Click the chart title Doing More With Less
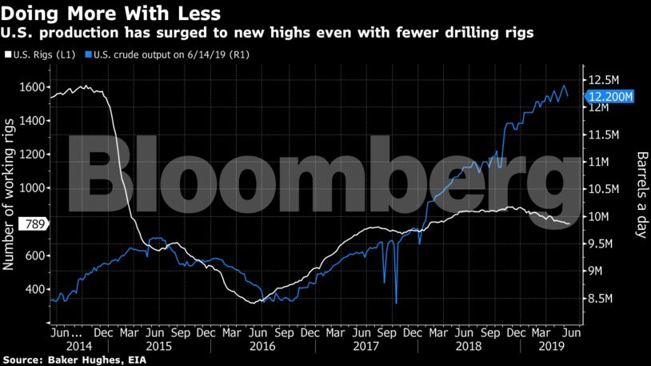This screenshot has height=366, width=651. tap(111, 14)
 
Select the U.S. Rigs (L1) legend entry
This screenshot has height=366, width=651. tap(40, 54)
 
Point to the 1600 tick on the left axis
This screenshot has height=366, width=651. tap(31, 87)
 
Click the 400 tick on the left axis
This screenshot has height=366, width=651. tap(34, 288)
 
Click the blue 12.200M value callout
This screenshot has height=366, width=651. tap(611, 97)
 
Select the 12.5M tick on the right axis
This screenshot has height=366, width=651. tap(603, 79)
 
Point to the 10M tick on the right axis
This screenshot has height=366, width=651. tap(599, 217)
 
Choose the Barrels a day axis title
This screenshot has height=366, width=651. tap(641, 192)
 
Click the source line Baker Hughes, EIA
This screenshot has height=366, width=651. tap(67, 359)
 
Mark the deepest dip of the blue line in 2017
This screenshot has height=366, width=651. tap(397, 303)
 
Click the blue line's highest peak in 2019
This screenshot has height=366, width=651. tap(564, 85)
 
